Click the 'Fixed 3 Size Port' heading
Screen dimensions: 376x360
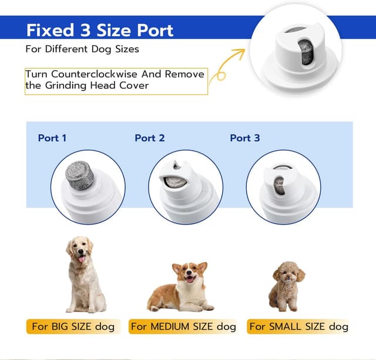(100, 30)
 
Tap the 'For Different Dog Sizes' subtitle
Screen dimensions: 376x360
(82, 49)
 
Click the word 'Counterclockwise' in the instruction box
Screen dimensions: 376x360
(94, 74)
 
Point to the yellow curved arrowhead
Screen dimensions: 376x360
(240, 52)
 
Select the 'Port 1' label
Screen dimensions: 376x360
(52, 138)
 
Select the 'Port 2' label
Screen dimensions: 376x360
(150, 138)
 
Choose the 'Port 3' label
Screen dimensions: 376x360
(245, 138)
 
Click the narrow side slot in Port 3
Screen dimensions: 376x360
(280, 185)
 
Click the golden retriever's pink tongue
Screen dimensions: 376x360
(82, 259)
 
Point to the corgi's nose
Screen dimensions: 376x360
(189, 272)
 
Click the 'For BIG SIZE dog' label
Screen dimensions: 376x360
(73, 326)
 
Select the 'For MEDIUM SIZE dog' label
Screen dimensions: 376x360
(183, 326)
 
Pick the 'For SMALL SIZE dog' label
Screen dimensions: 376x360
(298, 326)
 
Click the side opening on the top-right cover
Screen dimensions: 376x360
(306, 52)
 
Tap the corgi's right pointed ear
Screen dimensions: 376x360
(203, 267)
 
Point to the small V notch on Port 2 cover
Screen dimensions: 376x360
(176, 165)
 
